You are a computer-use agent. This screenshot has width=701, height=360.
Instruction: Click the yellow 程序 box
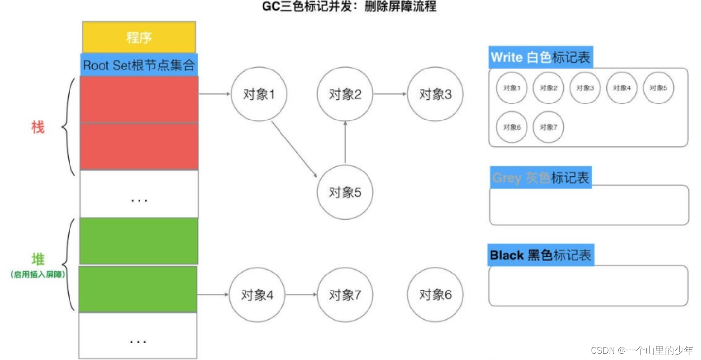point(139,37)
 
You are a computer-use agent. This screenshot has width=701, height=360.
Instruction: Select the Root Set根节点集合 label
point(139,65)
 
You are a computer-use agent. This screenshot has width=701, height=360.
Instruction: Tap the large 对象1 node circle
point(259,94)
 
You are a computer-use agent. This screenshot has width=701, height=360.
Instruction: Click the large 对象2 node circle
point(345,94)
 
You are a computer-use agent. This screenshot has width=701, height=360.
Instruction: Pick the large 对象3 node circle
point(435,94)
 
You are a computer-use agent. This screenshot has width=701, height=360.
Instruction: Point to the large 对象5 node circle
point(345,192)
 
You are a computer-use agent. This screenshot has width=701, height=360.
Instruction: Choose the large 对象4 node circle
point(257,294)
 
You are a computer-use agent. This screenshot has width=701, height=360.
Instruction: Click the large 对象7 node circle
point(345,294)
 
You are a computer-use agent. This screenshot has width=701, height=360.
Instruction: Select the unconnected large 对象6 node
point(435,294)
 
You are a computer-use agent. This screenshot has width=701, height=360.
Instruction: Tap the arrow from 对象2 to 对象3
point(390,94)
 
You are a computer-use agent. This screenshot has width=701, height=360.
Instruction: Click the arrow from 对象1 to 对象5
point(294,149)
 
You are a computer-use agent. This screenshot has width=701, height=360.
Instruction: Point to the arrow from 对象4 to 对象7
point(301,294)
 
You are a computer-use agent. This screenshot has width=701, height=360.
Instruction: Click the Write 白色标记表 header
point(541,57)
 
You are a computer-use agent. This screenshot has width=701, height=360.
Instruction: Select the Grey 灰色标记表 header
point(541,178)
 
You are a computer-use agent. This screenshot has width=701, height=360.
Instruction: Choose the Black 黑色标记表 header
point(541,255)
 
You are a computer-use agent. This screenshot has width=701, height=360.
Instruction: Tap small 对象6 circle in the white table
point(511,127)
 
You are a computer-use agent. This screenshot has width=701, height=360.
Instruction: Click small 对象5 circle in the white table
point(658,88)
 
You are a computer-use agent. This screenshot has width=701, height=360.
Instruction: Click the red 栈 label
point(38,128)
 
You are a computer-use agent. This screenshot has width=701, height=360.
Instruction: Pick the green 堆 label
point(38,259)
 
